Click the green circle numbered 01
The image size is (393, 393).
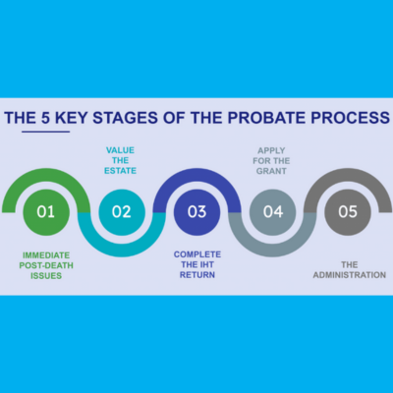tap(46, 212)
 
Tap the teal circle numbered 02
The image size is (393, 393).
tap(122, 212)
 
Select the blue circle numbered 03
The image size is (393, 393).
tap(197, 212)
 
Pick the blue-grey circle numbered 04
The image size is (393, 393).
tap(273, 212)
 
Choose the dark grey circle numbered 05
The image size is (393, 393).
tap(348, 212)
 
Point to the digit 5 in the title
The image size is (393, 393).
tap(45, 118)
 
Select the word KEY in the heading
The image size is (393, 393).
tap(72, 118)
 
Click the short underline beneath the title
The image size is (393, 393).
tap(46, 132)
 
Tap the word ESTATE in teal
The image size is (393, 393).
tap(120, 171)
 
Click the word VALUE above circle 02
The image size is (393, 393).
tap(120, 150)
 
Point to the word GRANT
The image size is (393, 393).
tap(271, 171)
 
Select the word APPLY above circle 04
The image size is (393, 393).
tap(271, 150)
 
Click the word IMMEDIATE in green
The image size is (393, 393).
tap(46, 255)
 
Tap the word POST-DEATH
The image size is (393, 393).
tap(46, 265)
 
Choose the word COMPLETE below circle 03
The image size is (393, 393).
tap(197, 254)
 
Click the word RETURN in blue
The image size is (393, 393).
tap(197, 275)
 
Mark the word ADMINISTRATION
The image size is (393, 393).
tap(350, 275)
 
